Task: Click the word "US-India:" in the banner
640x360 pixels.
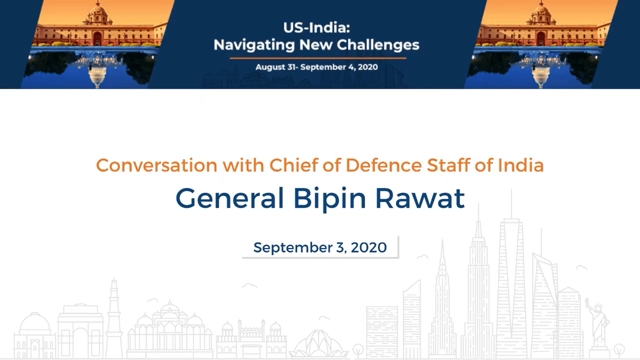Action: [x=317, y=28]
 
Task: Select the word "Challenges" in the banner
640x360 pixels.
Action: [x=378, y=45]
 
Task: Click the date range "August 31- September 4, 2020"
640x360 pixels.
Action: [x=317, y=67]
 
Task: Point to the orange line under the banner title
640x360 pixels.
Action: [x=318, y=58]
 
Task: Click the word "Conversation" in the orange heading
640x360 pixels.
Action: [x=156, y=165]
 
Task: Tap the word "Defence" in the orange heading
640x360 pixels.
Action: [x=384, y=165]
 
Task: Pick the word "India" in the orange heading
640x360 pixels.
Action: [x=521, y=165]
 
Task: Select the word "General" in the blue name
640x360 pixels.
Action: [x=230, y=198]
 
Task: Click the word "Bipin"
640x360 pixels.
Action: [x=329, y=199]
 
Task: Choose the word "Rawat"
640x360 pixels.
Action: [x=420, y=198]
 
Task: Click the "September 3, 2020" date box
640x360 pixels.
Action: [x=320, y=247]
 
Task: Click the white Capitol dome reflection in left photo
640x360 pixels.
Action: [x=97, y=76]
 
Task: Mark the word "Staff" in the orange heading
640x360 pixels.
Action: [x=448, y=165]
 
